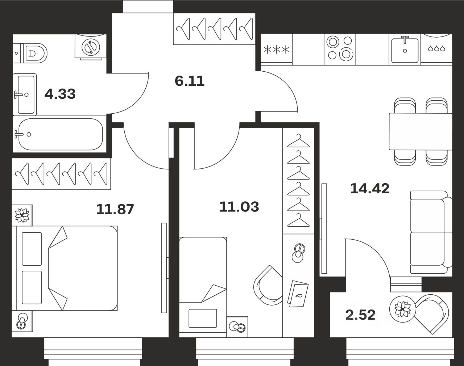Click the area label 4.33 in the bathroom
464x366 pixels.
tap(60, 94)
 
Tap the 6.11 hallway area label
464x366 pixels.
tap(190, 81)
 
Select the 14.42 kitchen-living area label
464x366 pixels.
tap(370, 188)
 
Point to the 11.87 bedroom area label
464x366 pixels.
tap(115, 209)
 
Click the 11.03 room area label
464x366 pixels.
tap(239, 207)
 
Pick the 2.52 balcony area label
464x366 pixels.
tap(360, 315)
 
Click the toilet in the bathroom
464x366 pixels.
tap(35, 54)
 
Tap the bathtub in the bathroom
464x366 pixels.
tap(60, 134)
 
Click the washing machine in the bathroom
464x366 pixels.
tap(90, 47)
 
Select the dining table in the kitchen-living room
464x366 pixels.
tap(420, 131)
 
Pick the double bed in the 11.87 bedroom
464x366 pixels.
tap(65, 268)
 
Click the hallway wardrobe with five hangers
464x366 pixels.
tap(214, 29)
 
